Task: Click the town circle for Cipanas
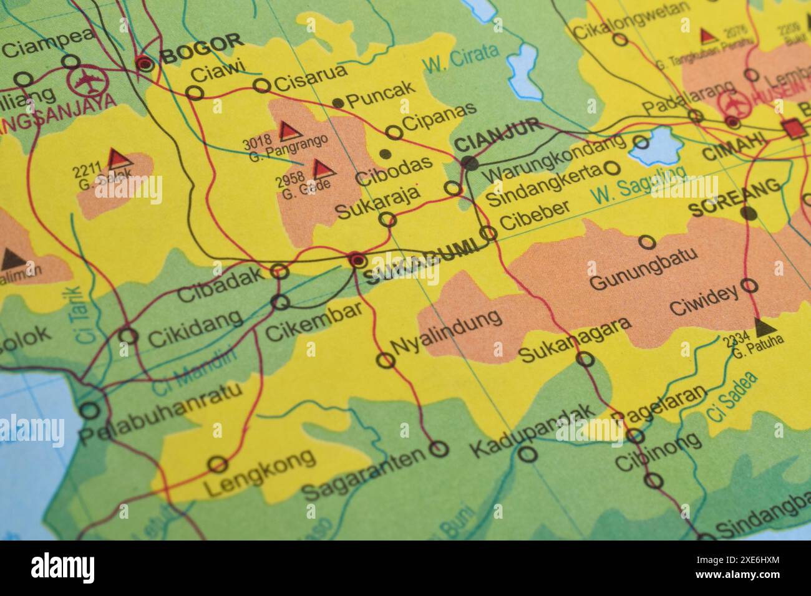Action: click(394, 132)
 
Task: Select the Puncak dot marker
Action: click(338, 102)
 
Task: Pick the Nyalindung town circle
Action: click(386, 360)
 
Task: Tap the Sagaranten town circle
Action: click(439, 448)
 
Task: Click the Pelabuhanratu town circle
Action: click(90, 410)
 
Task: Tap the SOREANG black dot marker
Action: click(749, 213)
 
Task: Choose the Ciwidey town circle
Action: click(749, 286)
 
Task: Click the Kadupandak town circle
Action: click(528, 453)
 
